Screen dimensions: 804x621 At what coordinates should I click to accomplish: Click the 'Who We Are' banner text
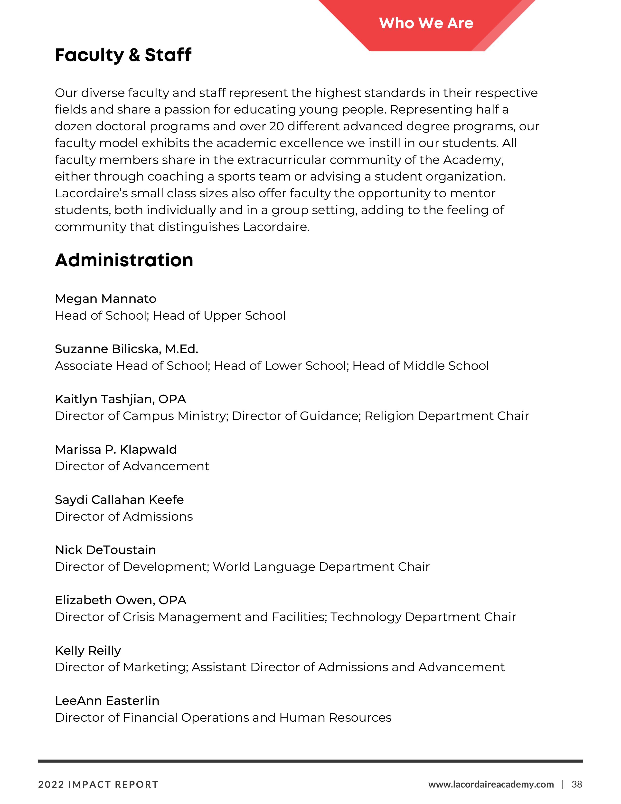426,23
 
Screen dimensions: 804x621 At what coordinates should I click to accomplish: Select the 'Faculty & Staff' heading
123,55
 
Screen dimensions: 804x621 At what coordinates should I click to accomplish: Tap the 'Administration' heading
124,260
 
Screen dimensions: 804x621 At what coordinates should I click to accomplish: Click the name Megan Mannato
106,298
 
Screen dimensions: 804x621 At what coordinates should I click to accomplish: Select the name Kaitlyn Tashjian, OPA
120,399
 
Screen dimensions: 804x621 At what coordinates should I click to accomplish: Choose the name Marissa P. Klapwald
116,450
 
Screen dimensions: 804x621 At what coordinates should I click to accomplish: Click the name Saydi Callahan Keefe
119,499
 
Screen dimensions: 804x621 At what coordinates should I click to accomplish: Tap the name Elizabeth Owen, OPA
121,600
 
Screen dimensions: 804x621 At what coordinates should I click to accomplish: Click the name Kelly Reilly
88,651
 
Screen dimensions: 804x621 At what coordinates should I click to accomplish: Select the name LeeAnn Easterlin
107,700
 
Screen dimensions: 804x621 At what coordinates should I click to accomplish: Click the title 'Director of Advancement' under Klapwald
132,466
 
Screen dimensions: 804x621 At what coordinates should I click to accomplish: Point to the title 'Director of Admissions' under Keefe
124,517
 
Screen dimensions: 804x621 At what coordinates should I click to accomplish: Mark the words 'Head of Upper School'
219,316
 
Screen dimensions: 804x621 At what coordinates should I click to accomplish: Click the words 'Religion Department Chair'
447,416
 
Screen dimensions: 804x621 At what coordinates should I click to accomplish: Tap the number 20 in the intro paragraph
276,126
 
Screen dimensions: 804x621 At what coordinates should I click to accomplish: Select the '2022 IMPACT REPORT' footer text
98,785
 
